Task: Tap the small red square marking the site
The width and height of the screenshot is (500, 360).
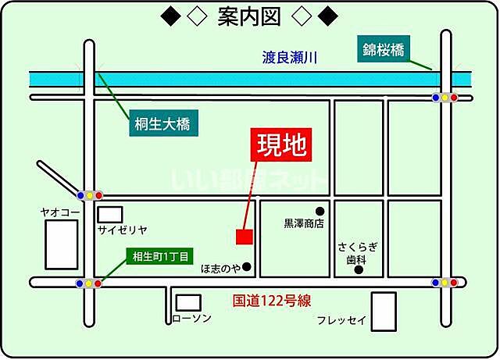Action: coord(244,235)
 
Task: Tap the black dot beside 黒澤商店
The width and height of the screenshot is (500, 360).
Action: coord(320,211)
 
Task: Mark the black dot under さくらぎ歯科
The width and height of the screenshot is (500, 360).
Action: coord(359,271)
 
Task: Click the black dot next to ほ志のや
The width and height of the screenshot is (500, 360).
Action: coord(247,267)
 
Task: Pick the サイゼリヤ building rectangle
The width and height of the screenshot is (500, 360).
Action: coord(111,213)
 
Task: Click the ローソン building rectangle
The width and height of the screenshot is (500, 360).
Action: coord(187,302)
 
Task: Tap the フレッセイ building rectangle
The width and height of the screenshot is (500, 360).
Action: coord(383,311)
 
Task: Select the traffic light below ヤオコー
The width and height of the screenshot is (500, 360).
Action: coord(88,283)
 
